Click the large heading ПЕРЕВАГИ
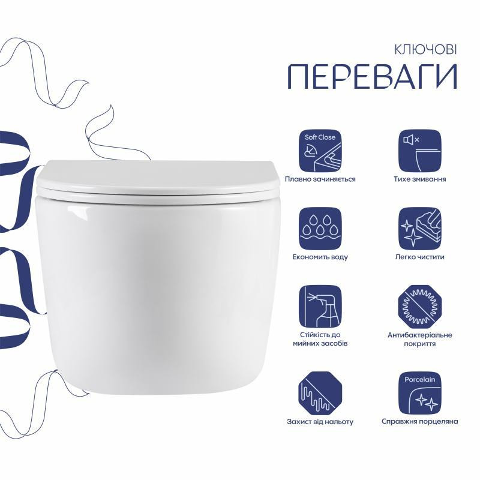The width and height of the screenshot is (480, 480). [373, 77]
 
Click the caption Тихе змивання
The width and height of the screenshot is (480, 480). [419, 179]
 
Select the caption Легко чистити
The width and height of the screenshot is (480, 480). [419, 257]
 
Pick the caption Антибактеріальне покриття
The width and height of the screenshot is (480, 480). [419, 339]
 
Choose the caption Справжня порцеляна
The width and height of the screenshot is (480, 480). [419, 422]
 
